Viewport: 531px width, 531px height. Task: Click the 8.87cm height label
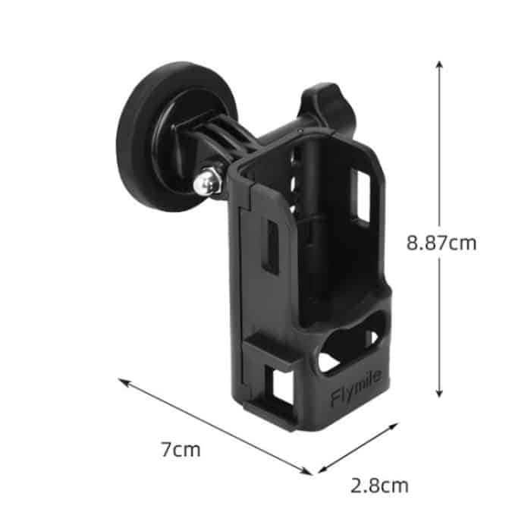441,244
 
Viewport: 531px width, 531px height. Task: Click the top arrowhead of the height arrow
438,63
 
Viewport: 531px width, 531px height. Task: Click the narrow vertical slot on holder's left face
269,247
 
